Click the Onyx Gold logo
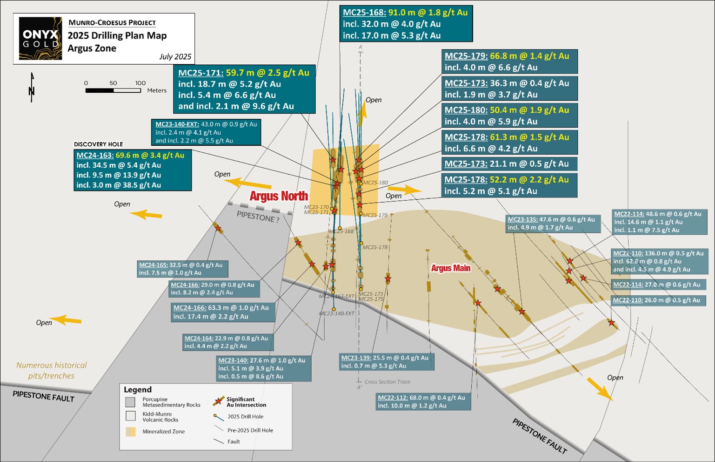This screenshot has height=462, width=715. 40,39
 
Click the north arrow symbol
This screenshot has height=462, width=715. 32,87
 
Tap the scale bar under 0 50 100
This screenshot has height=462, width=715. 113,90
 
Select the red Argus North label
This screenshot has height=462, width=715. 279,196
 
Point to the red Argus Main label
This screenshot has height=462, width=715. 450,268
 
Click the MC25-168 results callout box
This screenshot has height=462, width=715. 406,24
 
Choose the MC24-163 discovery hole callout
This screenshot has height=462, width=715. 133,170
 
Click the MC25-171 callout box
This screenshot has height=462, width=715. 244,89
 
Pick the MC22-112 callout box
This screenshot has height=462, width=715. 423,401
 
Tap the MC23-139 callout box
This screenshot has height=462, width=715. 386,362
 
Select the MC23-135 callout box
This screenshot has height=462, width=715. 553,224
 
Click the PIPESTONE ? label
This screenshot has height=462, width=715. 258,217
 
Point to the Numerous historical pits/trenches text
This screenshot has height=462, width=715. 51,370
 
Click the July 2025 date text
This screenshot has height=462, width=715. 175,57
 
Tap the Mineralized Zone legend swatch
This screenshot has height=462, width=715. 131,432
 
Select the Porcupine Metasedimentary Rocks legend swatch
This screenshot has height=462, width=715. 131,402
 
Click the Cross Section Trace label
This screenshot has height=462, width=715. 387,382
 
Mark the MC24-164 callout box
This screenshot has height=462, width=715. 228,342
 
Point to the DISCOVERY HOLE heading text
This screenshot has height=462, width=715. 98,144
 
